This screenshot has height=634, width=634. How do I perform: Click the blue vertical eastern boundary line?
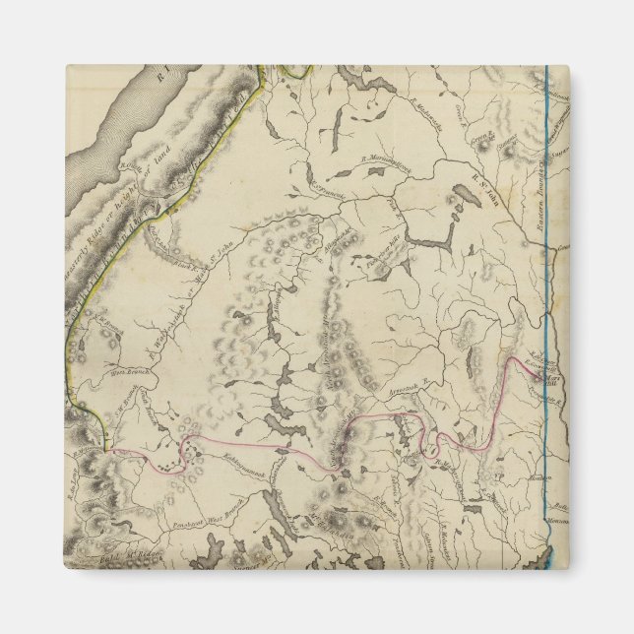click(x=547, y=295)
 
